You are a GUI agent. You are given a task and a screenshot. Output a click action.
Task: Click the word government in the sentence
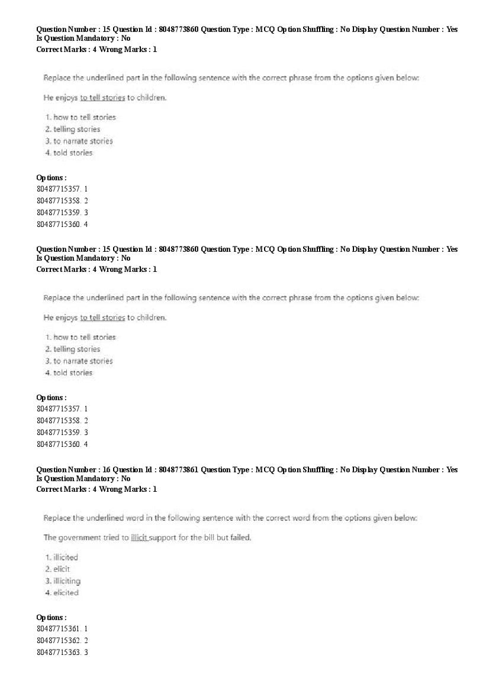[x=81, y=538]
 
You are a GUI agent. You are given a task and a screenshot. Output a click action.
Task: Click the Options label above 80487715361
[x=51, y=618]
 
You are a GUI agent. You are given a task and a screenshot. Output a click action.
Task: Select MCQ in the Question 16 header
[x=265, y=470]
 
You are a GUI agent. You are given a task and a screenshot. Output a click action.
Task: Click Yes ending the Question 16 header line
[x=452, y=470]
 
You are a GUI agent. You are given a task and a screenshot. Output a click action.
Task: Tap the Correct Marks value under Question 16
[x=95, y=489]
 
